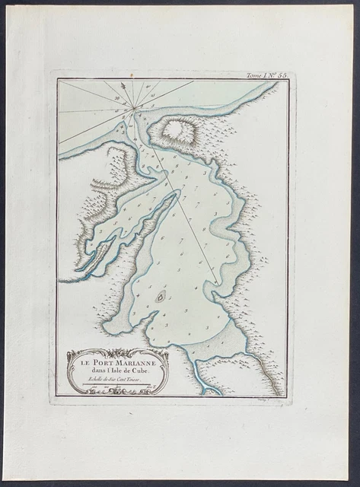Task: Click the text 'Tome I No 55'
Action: coord(266,76)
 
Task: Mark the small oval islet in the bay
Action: coord(160,297)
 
